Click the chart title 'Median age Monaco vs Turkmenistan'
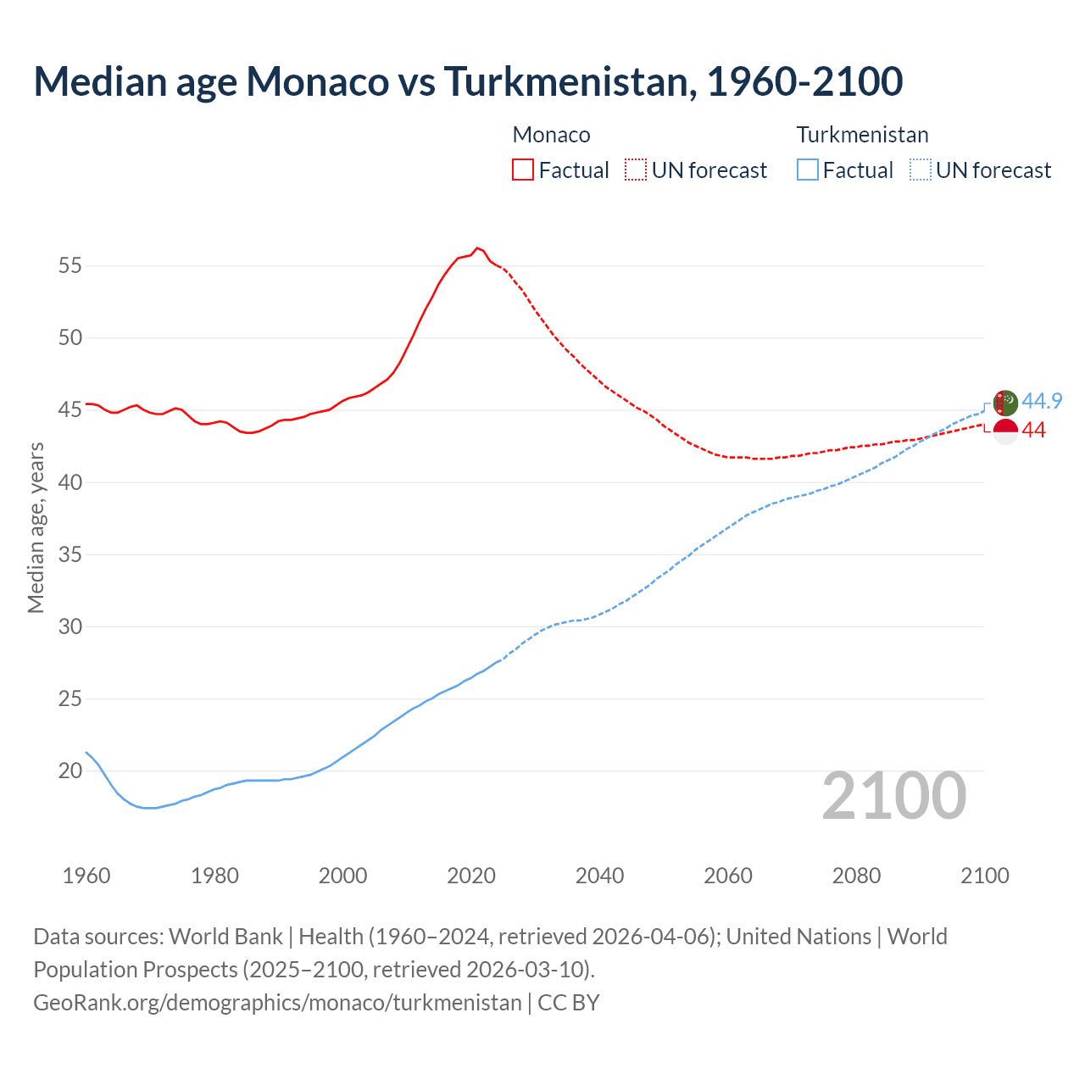[x=468, y=81]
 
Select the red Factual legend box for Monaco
[x=523, y=170]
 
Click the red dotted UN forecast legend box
[x=636, y=170]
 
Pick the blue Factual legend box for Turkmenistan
[x=808, y=170]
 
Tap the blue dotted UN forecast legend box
[x=921, y=170]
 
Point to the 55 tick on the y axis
[x=70, y=266]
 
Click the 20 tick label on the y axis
[x=70, y=771]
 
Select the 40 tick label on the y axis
[x=70, y=482]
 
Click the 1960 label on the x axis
[x=86, y=876]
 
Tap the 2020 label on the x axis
[x=471, y=876]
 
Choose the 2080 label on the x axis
[x=856, y=876]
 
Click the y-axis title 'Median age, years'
[x=36, y=527]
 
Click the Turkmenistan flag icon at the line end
[x=1005, y=403]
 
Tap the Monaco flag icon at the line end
[x=1005, y=431]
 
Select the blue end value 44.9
[x=1042, y=401]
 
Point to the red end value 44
[x=1033, y=431]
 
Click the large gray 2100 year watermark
[x=893, y=795]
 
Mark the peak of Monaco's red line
[x=477, y=248]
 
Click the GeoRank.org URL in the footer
[x=277, y=1003]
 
